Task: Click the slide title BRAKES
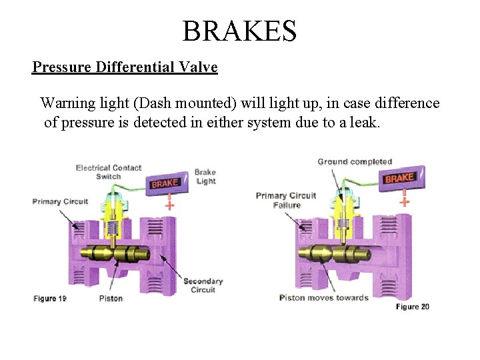[x=239, y=31]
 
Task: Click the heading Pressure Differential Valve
[x=125, y=67]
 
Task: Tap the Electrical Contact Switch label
[x=109, y=172]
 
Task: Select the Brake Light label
[x=205, y=177]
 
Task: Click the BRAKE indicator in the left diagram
[x=165, y=182]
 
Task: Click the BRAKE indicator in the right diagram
[x=399, y=178]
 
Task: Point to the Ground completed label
[x=355, y=161]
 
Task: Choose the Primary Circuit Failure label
[x=286, y=200]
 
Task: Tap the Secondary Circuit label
[x=203, y=285]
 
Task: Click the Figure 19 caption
[x=50, y=299]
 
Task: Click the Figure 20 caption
[x=413, y=307]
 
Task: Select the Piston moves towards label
[x=323, y=297]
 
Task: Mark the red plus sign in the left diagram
[x=169, y=205]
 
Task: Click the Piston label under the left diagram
[x=111, y=298]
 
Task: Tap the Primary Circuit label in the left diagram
[x=61, y=201]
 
